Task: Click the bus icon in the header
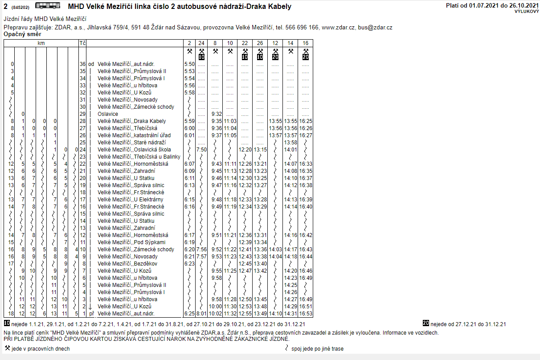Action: (x=48, y=6)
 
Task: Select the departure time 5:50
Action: (x=189, y=64)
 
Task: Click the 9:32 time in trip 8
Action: (x=217, y=114)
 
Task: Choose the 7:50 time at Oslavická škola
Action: (x=201, y=150)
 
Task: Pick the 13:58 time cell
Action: (x=290, y=143)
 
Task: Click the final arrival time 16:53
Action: (x=306, y=314)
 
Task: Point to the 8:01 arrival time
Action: (x=201, y=314)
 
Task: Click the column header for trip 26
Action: (x=260, y=43)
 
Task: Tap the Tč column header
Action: (x=82, y=43)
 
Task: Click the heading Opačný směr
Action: (x=22, y=34)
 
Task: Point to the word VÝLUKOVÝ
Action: (x=526, y=11)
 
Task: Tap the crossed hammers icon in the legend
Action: (x=7, y=348)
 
